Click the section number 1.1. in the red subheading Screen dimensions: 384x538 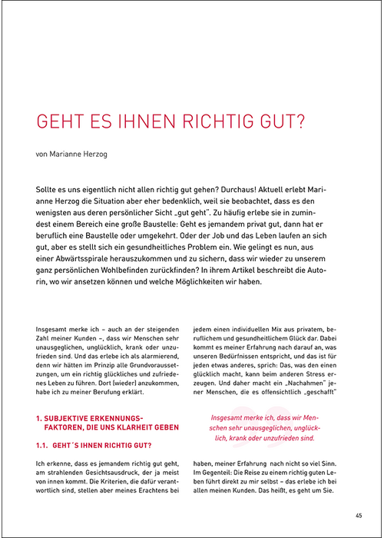pos(47,445)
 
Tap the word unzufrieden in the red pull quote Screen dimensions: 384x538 pos(286,438)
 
